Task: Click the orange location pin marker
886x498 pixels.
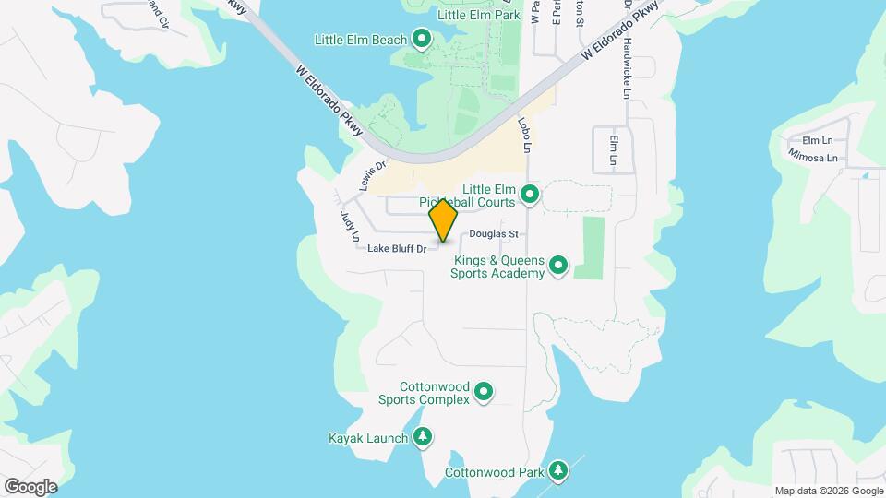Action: (444, 219)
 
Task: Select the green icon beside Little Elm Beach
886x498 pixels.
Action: (423, 38)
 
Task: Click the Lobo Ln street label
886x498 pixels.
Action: (526, 135)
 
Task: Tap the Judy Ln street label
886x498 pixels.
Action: (348, 226)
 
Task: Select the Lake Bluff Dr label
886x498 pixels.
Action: (397, 248)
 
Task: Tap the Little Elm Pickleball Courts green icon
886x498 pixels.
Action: (530, 194)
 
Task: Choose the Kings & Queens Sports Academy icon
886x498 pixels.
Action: (558, 267)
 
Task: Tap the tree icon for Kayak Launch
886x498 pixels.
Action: (423, 436)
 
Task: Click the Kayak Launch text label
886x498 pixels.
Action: (366, 437)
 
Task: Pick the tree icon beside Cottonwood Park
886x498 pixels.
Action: (558, 471)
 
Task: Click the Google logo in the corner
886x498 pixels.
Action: (30, 486)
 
